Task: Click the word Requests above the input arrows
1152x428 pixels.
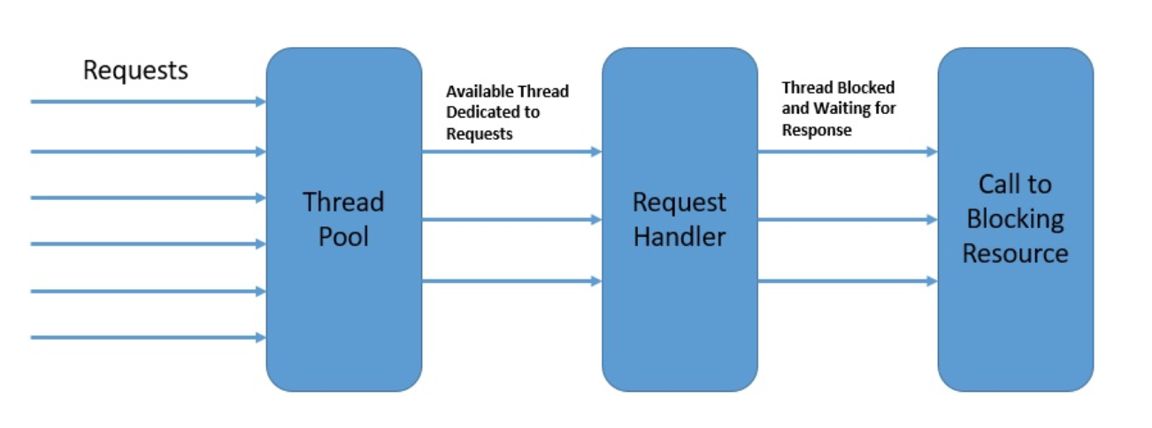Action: pyautogui.click(x=135, y=70)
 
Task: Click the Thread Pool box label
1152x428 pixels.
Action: pyautogui.click(x=343, y=219)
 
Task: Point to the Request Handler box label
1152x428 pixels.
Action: pyautogui.click(x=680, y=219)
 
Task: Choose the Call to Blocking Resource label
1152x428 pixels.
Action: pyautogui.click(x=1015, y=219)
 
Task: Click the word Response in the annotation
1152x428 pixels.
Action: pyautogui.click(x=817, y=130)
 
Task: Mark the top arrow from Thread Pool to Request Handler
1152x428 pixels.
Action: pyautogui.click(x=511, y=152)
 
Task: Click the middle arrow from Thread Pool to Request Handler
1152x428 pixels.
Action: pyautogui.click(x=511, y=219)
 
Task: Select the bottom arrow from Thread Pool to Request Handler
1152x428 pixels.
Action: pyautogui.click(x=511, y=281)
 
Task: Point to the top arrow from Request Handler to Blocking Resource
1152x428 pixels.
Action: pyautogui.click(x=847, y=152)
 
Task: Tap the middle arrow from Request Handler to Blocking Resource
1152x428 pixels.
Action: pyautogui.click(x=847, y=219)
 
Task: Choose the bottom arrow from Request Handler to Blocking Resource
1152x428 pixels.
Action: pyautogui.click(x=847, y=281)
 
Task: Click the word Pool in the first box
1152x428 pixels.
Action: pyautogui.click(x=343, y=237)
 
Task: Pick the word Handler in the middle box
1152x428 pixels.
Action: pyautogui.click(x=680, y=237)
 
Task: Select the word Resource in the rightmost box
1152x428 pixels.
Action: pyautogui.click(x=1015, y=254)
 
